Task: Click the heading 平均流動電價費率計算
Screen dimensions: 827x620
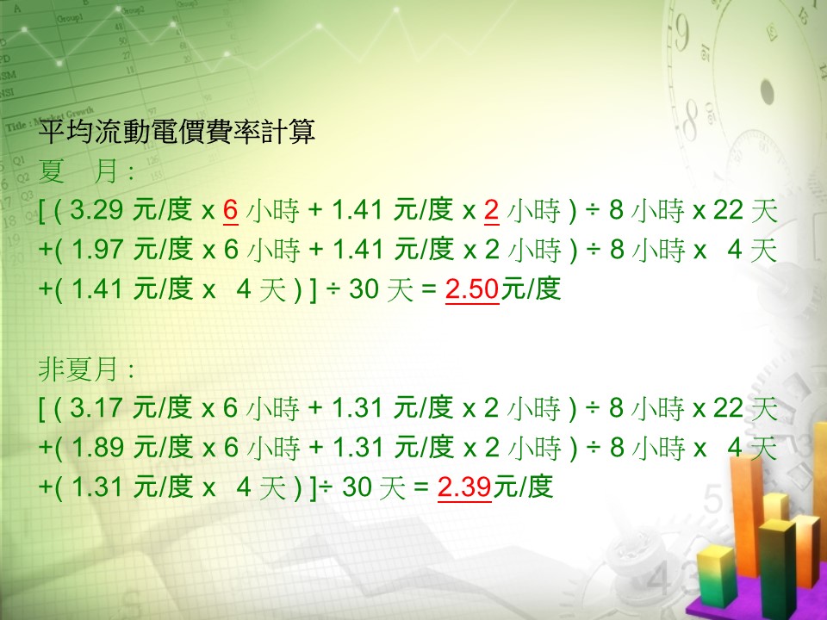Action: [x=177, y=131]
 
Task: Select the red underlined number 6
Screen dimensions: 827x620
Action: [x=231, y=210]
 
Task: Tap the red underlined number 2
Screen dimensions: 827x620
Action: [x=492, y=210]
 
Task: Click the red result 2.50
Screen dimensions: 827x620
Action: [x=472, y=289]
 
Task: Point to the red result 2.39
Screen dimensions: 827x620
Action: [x=464, y=487]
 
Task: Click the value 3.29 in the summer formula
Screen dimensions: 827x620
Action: [x=96, y=210]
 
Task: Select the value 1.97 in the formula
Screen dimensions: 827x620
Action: [x=97, y=250]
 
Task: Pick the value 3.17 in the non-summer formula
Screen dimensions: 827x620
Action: [x=96, y=408]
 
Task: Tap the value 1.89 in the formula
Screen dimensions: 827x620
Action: [x=97, y=447]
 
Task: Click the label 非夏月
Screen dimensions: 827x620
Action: [x=78, y=369]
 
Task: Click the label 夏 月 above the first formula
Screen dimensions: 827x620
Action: [x=78, y=171]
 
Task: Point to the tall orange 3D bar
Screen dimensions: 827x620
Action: [x=746, y=514]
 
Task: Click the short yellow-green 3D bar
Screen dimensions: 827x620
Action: [x=716, y=577]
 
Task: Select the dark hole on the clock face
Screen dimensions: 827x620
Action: [x=767, y=92]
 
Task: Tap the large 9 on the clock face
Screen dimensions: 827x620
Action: [x=681, y=33]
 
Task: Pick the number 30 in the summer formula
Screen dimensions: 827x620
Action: [x=364, y=289]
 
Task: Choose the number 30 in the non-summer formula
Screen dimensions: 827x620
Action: [x=357, y=487]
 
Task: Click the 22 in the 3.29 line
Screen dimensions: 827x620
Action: [x=728, y=210]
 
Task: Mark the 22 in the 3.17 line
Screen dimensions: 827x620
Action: [x=728, y=408]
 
